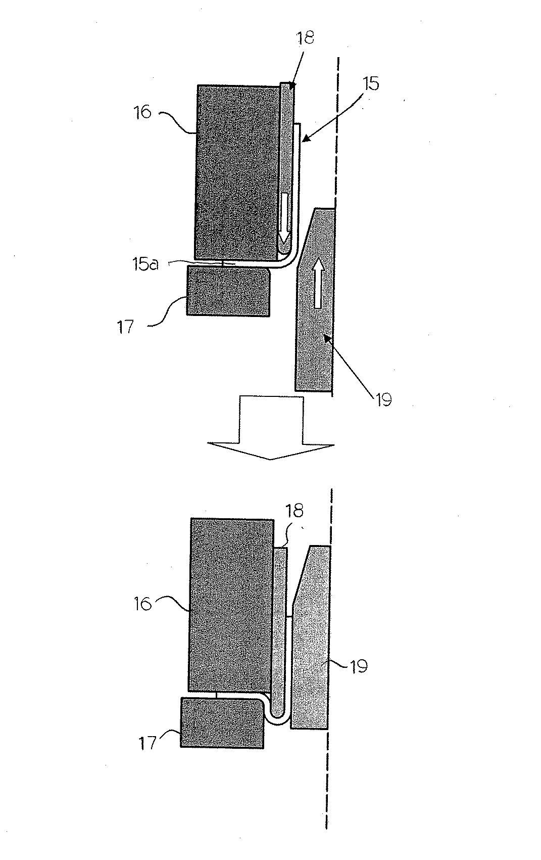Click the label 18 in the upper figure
tap(306, 38)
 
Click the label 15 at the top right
tap(371, 83)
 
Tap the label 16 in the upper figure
tap(143, 112)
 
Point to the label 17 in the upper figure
tap(126, 326)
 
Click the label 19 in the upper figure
tap(384, 399)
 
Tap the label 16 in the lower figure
tap(143, 603)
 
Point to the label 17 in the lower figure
tap(148, 743)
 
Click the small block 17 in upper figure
tap(228, 292)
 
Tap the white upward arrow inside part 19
tap(317, 283)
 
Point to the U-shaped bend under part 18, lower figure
tap(276, 716)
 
